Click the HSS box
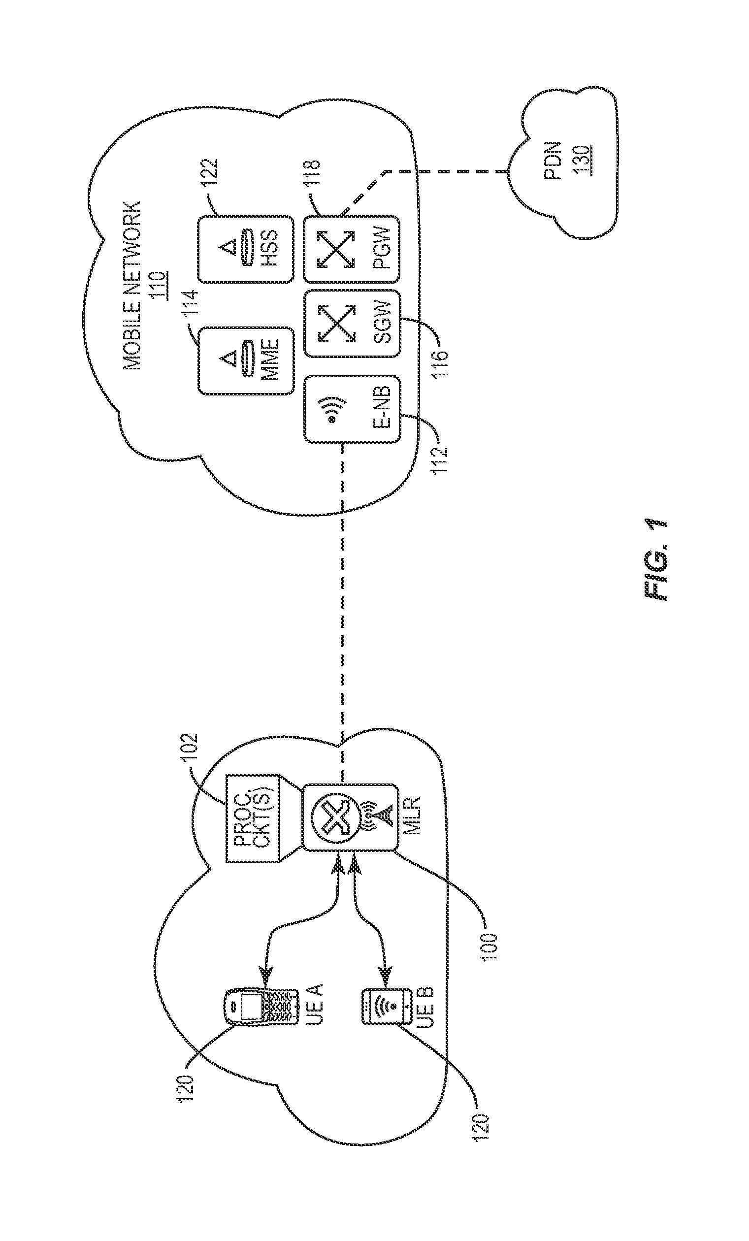245,249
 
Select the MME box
245,360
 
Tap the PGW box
352,249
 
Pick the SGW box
352,324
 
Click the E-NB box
352,408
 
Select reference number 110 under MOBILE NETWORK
160,286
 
